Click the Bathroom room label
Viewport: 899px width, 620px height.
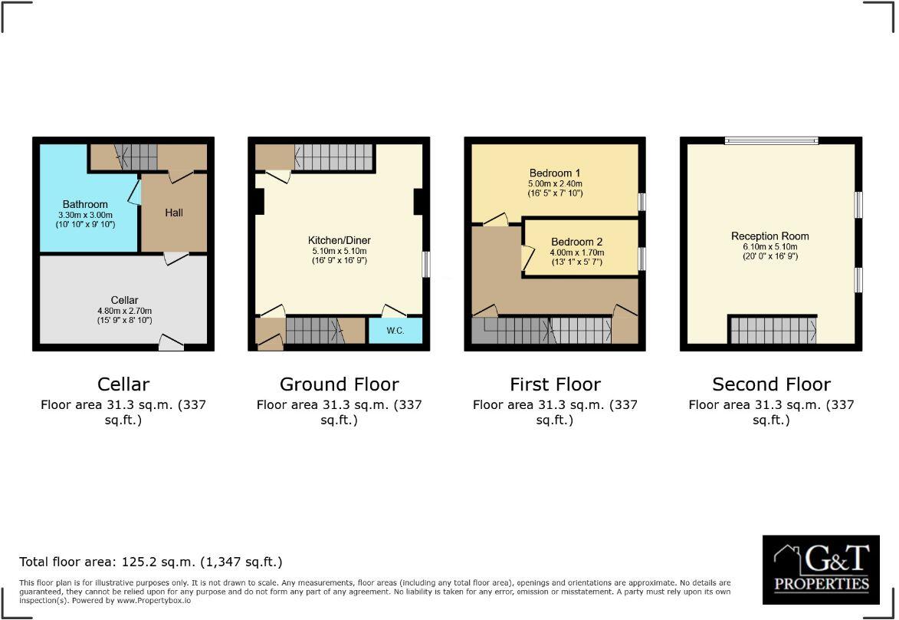coord(85,205)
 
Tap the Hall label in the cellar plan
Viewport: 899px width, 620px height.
coord(174,213)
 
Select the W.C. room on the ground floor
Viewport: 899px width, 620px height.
coord(395,331)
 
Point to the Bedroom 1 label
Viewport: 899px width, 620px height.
coord(556,173)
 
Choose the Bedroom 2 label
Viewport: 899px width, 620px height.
coord(576,242)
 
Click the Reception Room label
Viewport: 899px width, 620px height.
coord(769,236)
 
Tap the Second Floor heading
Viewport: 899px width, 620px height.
coord(771,384)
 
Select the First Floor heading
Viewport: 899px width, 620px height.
coord(555,384)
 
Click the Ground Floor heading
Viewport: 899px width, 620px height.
coord(339,384)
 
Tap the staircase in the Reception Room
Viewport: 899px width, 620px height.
coord(772,330)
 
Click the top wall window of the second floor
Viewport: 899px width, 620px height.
coord(771,140)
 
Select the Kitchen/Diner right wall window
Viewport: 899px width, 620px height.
coord(426,264)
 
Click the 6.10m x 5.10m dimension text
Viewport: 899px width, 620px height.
coord(769,247)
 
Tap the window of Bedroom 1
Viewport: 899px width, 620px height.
coord(641,201)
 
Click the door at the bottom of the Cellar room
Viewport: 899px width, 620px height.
coord(170,342)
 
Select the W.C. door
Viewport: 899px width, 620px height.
coord(394,310)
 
